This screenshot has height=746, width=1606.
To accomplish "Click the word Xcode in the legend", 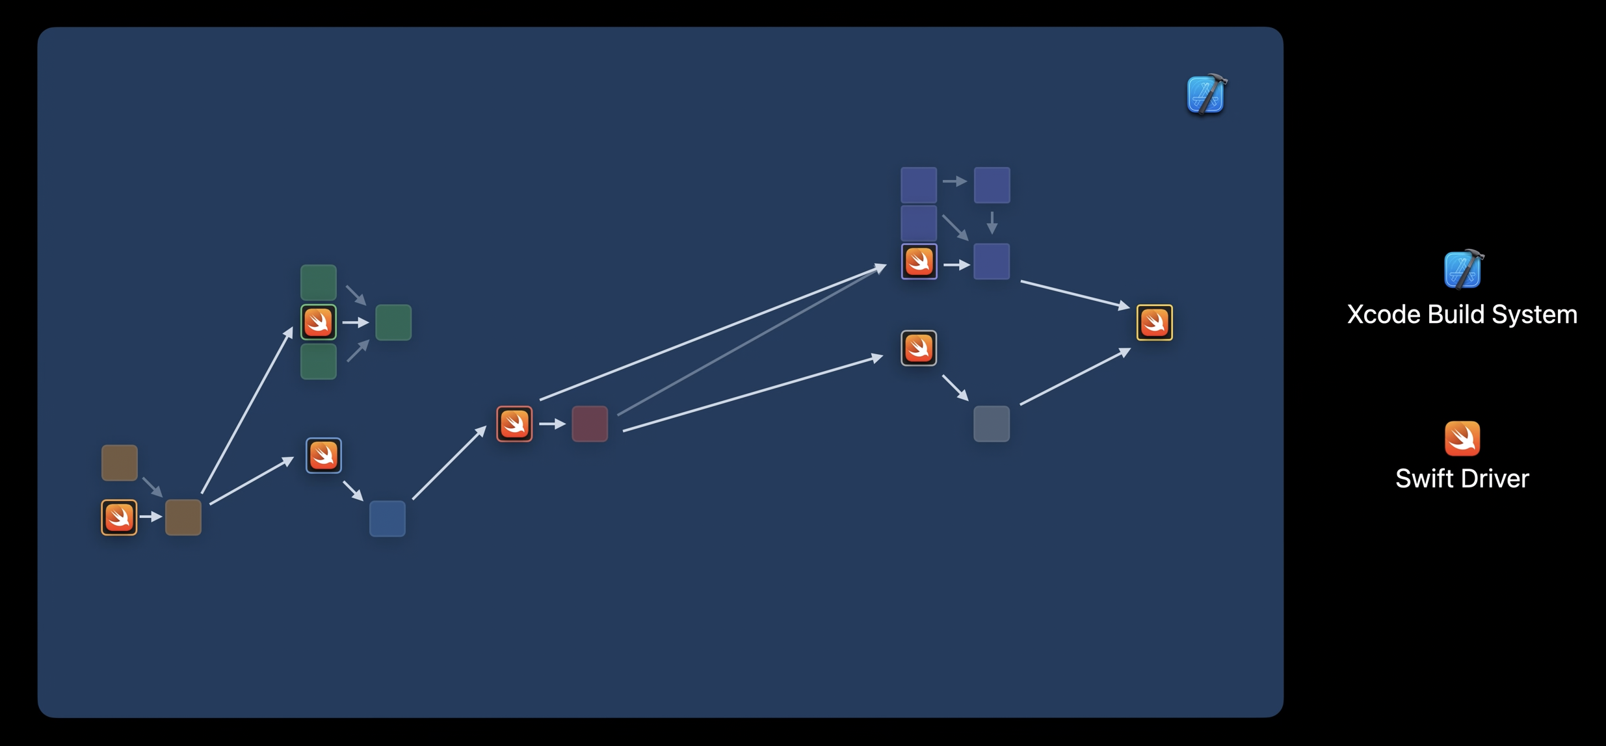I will coord(1382,315).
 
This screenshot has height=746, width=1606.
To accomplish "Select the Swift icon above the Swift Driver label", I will coord(1462,439).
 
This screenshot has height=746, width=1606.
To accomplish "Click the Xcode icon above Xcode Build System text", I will coord(1462,269).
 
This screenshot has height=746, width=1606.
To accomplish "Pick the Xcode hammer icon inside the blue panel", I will coord(1206,95).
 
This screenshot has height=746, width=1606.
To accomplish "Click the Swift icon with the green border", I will coord(319,322).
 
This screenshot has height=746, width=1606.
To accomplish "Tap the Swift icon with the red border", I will coord(514,424).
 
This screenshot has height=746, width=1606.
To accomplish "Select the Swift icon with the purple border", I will coord(919,261).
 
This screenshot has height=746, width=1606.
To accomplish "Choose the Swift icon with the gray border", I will coord(919,348).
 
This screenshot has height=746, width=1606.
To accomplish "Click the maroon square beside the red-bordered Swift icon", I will coord(590,424).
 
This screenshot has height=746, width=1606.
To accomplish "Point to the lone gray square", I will coord(992,424).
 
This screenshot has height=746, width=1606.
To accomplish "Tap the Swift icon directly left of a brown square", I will coord(119,517).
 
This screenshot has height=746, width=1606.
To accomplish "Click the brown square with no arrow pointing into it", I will coord(120,463).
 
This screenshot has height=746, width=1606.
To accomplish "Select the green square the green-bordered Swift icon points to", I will coord(393,322).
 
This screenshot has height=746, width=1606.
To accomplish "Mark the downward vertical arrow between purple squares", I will coord(992,223).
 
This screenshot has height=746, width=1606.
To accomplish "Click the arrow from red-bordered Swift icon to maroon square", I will coord(552,424).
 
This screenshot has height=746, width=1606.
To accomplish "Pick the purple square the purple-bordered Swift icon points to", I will coord(992,261).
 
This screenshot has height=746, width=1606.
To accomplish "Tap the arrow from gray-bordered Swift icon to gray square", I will coord(955,387).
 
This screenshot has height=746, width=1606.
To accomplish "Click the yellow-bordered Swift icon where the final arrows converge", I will coord(1154,322).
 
